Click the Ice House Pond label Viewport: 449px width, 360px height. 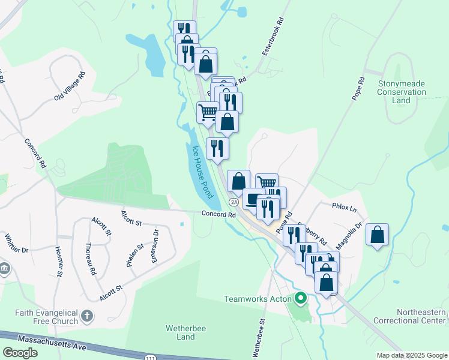(x=203, y=172)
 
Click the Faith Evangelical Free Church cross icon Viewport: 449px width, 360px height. (x=87, y=316)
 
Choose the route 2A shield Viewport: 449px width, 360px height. (x=234, y=203)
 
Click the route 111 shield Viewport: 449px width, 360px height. (x=148, y=357)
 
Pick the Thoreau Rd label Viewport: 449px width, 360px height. (x=90, y=258)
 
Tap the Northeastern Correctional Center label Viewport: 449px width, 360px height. (x=422, y=316)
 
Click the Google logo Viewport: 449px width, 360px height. (x=20, y=353)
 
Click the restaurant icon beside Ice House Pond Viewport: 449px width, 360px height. (x=217, y=148)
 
